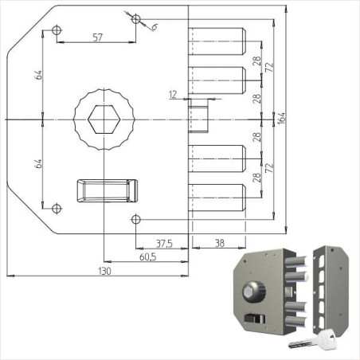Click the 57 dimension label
tap(97, 37)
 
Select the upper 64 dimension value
tap(38, 76)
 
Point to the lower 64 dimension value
tap(38, 162)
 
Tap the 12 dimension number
tap(173, 95)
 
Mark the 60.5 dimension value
tap(146, 258)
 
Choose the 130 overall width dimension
tap(104, 272)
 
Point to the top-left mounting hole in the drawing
tap(56, 30)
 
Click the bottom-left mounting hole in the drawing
tap(56, 209)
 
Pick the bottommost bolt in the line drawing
tap(217, 198)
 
